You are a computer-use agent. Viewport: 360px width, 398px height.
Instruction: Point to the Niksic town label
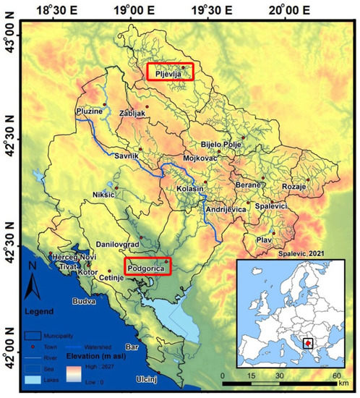click(x=105, y=194)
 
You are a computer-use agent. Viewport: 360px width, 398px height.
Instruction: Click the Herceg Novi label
click(x=69, y=258)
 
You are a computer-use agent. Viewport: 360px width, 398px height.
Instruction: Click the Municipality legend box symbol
click(x=31, y=336)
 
